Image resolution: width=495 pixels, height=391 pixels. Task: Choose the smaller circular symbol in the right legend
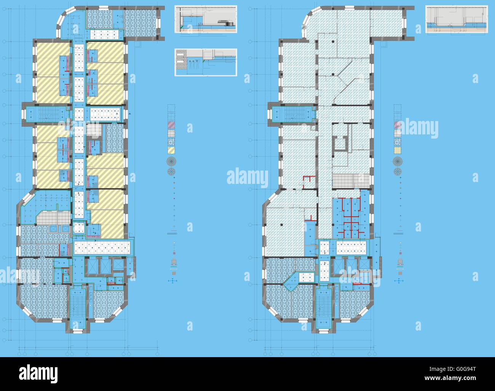398,171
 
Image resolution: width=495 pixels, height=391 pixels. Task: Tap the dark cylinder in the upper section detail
230,24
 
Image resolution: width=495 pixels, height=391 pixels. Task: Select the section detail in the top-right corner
457,20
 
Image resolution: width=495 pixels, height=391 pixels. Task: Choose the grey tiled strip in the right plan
350,180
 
